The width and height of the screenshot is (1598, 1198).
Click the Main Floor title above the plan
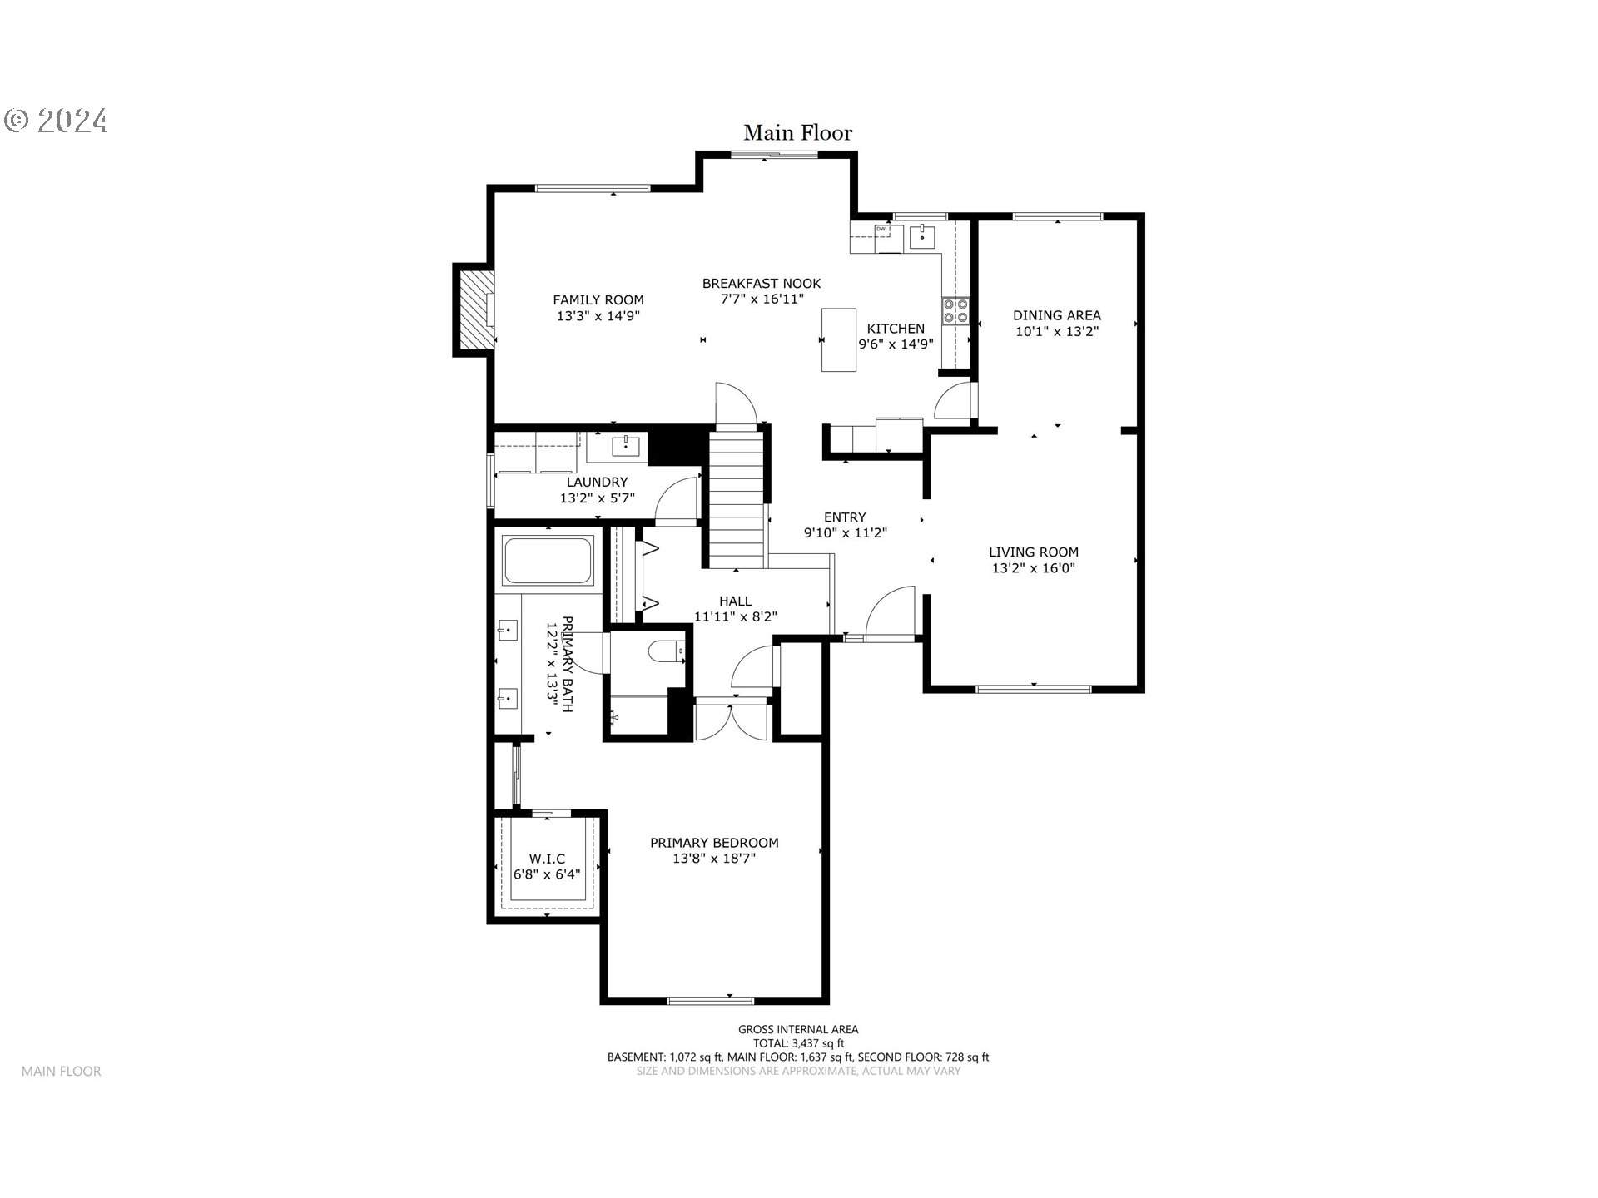coord(797,133)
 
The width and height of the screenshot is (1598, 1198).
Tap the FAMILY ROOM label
coord(598,300)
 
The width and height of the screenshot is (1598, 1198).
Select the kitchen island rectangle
coord(838,339)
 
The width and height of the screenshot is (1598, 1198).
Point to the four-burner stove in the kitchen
coord(955,310)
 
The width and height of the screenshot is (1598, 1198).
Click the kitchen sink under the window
coord(922,237)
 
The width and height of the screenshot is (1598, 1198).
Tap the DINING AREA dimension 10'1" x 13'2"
coord(1056,331)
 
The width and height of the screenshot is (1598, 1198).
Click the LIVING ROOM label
coord(1033,552)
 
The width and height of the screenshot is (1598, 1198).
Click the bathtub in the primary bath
coord(548,561)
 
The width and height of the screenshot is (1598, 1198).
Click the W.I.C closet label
coord(547,859)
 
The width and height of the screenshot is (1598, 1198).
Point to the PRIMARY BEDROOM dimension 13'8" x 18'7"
coord(713,859)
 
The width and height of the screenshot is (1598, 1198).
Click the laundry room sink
coord(625,447)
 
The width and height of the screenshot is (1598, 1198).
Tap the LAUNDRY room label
coord(597,482)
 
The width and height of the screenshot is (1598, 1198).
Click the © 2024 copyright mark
coord(55,121)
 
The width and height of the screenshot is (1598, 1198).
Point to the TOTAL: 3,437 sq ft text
coord(797,1043)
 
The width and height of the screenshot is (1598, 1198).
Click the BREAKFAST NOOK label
coord(761,284)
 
